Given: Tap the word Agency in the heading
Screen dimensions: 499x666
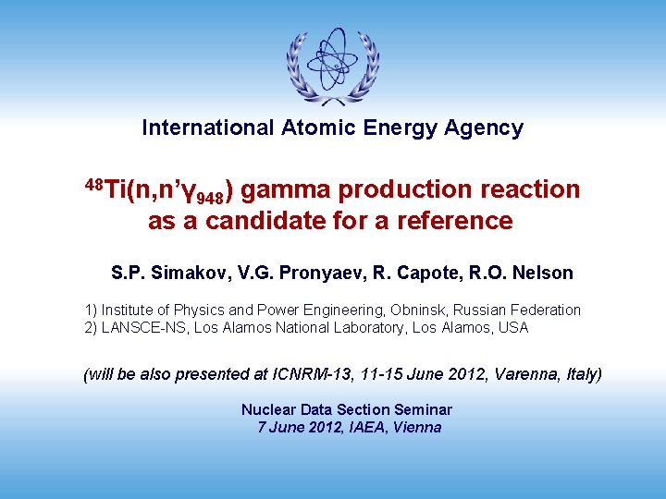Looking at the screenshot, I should (486, 128).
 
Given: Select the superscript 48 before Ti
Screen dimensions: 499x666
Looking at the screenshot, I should (93, 183).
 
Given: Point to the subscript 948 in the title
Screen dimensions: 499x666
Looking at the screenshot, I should (211, 196).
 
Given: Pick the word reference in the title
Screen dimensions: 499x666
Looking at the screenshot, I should (458, 221).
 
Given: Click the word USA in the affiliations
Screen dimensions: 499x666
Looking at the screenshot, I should (512, 327).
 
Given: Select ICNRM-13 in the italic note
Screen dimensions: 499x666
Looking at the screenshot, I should (310, 374).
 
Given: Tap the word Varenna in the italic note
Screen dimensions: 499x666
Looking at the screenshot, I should (522, 374).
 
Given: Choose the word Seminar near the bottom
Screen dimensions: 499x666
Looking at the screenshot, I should (420, 409).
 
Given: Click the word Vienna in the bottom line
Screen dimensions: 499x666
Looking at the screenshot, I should (417, 427).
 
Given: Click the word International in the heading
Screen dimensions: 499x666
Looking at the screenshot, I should (204, 128).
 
